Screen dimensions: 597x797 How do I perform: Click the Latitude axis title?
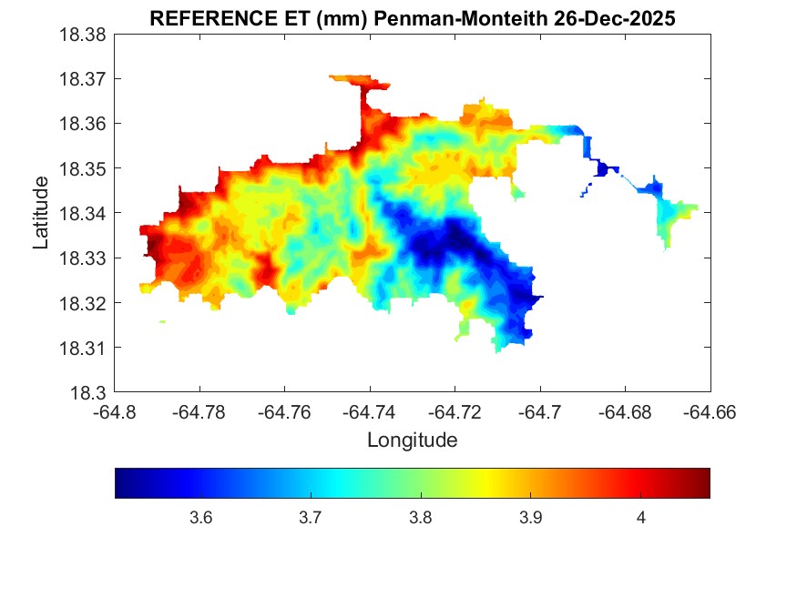[x=41, y=214]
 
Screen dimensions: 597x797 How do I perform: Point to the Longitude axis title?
[x=412, y=440]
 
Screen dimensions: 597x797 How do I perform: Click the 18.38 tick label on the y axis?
[x=84, y=35]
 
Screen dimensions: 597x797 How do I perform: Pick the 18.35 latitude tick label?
[x=84, y=169]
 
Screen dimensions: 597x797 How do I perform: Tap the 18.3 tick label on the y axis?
[x=89, y=393]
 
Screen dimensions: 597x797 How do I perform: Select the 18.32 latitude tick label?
[x=84, y=303]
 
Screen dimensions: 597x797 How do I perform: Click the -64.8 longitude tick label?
[x=116, y=411]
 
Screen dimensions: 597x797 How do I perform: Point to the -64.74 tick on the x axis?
[x=369, y=411]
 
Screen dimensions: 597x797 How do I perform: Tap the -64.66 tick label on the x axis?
[x=710, y=411]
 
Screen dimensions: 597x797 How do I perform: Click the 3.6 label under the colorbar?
[x=200, y=518]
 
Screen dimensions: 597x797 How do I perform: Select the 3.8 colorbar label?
[x=420, y=518]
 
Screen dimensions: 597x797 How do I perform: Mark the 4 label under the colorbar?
[x=641, y=518]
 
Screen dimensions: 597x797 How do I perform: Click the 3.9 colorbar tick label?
[x=531, y=518]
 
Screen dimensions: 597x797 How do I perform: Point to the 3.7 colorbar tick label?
[x=311, y=518]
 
